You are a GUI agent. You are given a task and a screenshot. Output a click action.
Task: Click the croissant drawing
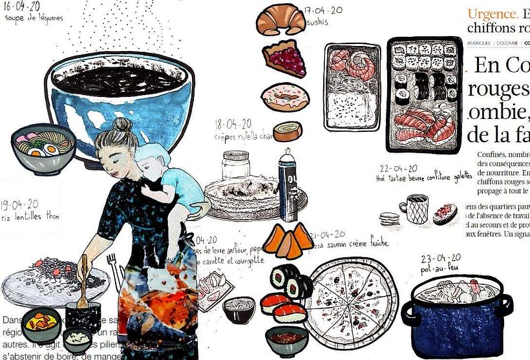281,20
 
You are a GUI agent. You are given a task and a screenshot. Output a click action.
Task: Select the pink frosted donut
284,97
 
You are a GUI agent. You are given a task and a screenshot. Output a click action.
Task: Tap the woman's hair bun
122,124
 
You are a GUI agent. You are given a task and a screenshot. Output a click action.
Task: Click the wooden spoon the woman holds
83,284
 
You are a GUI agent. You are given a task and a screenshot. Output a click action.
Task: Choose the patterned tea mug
414,208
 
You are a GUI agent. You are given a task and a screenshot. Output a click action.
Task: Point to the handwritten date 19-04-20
21,204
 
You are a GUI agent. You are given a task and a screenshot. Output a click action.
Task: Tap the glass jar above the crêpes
236,165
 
